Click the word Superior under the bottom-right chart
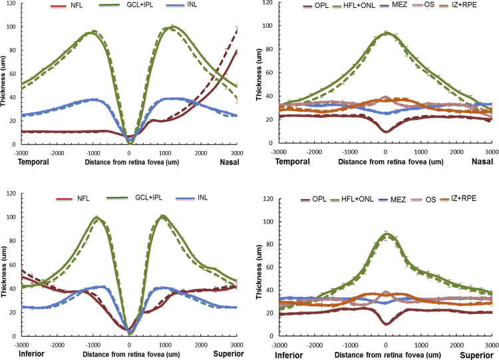[476, 355]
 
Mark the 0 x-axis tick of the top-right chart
[385, 150]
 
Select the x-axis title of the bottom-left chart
[130, 355]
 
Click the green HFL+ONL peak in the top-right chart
[385, 33]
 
